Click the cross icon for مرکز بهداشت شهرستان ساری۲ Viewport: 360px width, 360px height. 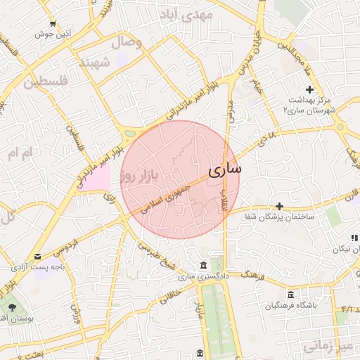310,89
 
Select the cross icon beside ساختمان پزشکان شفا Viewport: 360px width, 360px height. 280,206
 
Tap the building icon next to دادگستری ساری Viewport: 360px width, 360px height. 203,265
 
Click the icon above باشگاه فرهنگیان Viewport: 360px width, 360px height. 291,295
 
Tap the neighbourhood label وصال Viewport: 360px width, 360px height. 131,42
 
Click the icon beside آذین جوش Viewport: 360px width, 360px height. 53,22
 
